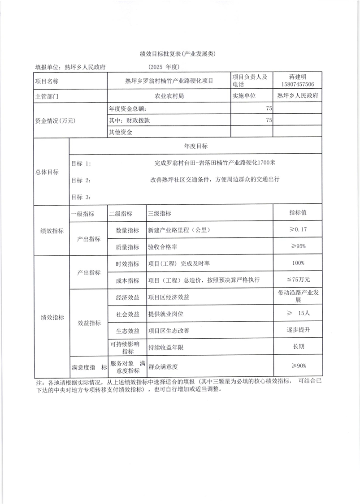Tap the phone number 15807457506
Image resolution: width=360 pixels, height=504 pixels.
(297, 84)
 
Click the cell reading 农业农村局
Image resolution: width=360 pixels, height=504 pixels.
(169, 96)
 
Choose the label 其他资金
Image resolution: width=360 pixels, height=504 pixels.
(121, 132)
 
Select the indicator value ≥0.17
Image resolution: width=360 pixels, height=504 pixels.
(298, 229)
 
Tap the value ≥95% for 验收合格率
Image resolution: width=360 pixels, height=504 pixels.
(298, 246)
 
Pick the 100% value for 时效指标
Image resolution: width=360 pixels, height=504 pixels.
(298, 263)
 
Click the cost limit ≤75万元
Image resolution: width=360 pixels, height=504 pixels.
(298, 280)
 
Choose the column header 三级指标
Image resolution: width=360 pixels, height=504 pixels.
(159, 214)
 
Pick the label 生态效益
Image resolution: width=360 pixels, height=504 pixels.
(127, 331)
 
